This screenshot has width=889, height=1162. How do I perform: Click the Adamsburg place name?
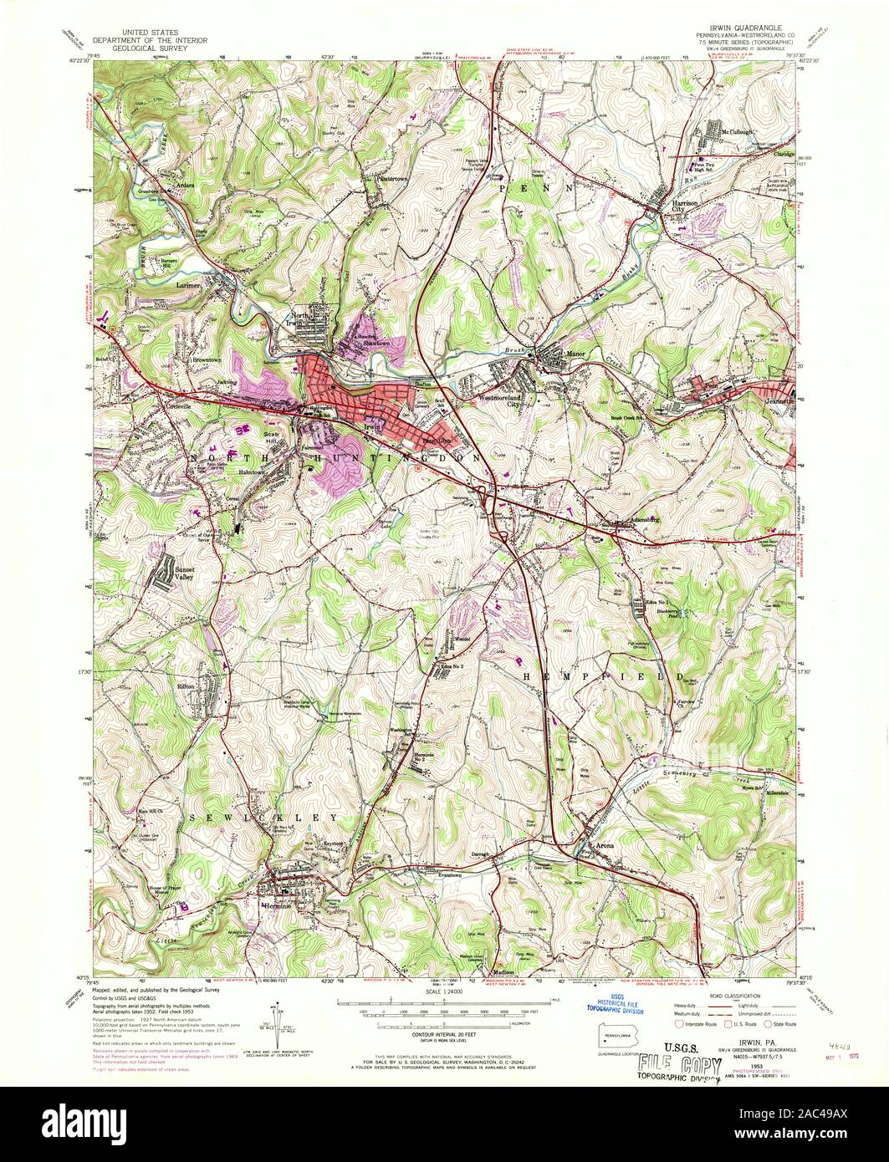[639, 519]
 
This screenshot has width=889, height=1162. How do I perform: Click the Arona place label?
[604, 845]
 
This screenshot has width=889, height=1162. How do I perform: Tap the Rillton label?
[186, 685]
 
